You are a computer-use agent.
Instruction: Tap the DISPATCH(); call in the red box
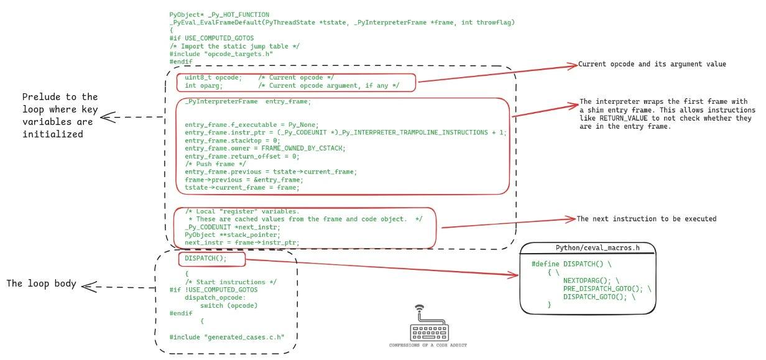206,258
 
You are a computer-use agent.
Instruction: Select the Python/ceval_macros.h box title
597,248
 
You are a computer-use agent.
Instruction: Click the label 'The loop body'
41,284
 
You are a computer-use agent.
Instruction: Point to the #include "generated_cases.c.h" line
227,337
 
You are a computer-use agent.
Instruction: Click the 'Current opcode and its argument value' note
652,64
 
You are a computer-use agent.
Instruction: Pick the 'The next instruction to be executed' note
647,219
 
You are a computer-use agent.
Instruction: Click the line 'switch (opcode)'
229,305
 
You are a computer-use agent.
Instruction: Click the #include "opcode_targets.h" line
221,54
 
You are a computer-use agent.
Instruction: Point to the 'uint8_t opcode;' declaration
213,78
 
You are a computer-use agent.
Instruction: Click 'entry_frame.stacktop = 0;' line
232,141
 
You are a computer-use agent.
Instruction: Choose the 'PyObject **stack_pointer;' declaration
232,235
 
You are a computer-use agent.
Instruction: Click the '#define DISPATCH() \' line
571,264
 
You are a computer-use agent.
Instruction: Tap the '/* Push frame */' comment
215,164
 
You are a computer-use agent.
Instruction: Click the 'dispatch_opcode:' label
215,297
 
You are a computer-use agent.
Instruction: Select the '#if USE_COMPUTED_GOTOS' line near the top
211,38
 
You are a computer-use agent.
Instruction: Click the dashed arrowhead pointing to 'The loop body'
90,287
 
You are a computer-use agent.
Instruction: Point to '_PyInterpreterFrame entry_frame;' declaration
247,101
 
